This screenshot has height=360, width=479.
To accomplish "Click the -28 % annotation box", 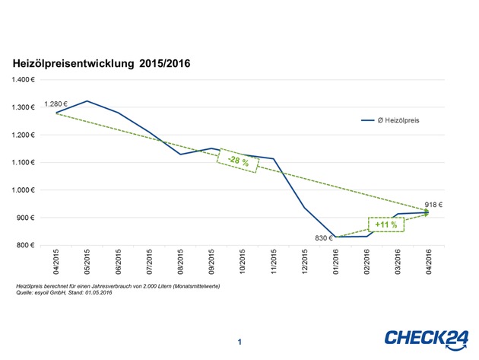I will pyautogui.click(x=238, y=161).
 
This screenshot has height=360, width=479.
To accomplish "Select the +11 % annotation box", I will pyautogui.click(x=386, y=225).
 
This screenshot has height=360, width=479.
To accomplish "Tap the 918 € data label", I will pyautogui.click(x=433, y=204).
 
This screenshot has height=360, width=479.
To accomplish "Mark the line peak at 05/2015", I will pyautogui.click(x=87, y=100).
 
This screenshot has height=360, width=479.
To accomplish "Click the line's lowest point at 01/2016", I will pyautogui.click(x=335, y=237).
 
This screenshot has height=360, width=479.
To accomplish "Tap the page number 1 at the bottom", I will pyautogui.click(x=239, y=342).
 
